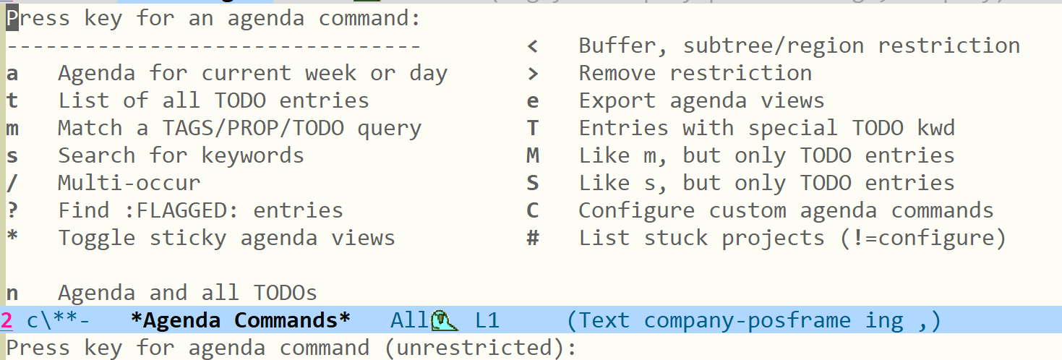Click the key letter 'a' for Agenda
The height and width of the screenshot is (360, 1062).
[x=12, y=74]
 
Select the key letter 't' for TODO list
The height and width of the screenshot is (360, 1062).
[x=12, y=100]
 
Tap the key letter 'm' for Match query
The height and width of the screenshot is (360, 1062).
[x=12, y=129]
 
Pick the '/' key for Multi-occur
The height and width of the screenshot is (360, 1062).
[x=12, y=183]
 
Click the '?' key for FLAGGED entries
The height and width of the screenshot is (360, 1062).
[x=12, y=210]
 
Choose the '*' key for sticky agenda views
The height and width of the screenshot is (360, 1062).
[x=12, y=235]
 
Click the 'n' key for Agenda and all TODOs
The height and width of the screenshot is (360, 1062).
[x=12, y=293]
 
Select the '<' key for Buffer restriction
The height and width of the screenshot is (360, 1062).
[x=532, y=46]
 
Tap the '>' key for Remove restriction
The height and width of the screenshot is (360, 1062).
[x=533, y=74]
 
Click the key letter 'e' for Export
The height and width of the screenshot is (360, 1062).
[x=533, y=101]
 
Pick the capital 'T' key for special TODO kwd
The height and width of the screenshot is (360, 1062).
[x=533, y=128]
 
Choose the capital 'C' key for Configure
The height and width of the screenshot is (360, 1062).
[x=533, y=210]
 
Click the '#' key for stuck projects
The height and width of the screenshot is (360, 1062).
[x=533, y=238]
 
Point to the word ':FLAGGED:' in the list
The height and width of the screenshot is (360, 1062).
[x=181, y=210]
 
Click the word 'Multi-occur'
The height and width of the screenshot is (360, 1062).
[x=129, y=183]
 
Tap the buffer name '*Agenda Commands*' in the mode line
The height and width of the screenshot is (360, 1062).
[x=240, y=320]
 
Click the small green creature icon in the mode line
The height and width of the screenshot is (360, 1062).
[x=444, y=320]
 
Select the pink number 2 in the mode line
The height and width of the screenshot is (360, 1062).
[x=7, y=321]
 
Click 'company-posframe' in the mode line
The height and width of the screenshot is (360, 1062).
[x=748, y=321]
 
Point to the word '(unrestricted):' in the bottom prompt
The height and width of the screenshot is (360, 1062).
[x=480, y=348]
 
